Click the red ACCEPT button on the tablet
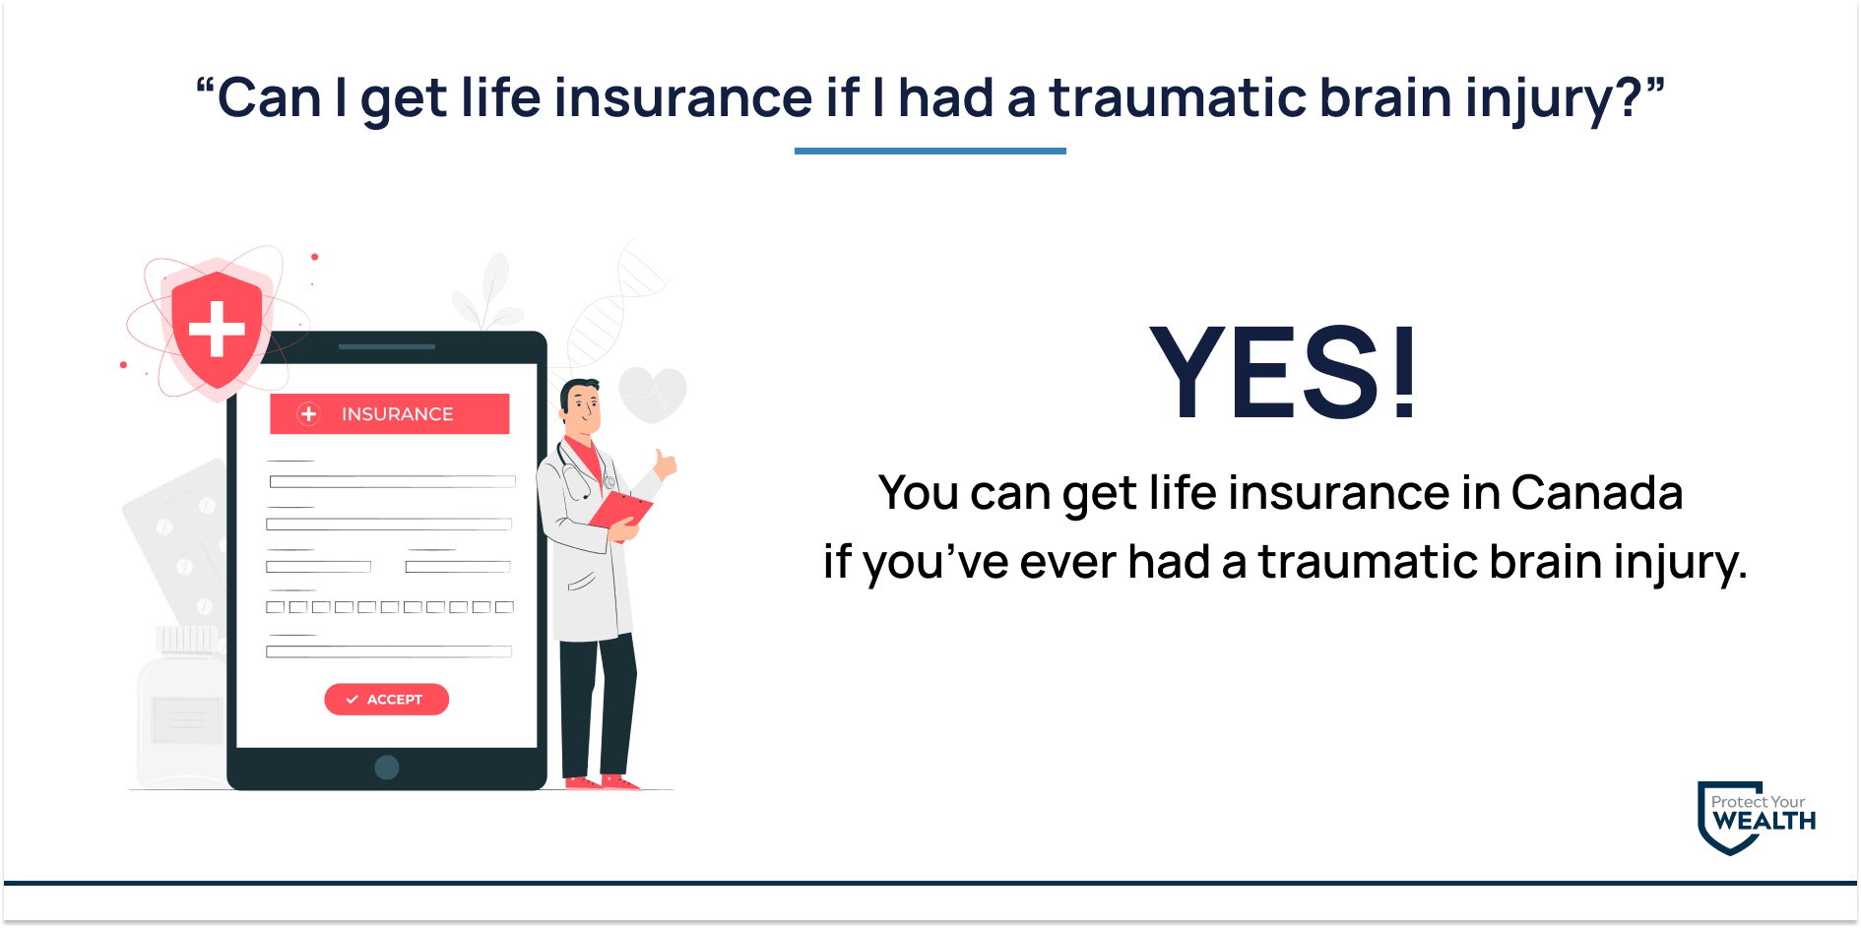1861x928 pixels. pyautogui.click(x=386, y=699)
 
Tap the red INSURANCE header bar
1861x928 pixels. pyautogui.click(x=390, y=413)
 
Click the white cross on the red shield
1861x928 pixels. pyautogui.click(x=217, y=328)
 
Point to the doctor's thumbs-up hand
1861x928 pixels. pyautogui.click(x=666, y=464)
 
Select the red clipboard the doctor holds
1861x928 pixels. pyautogui.click(x=621, y=511)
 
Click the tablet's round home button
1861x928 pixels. pyautogui.click(x=387, y=768)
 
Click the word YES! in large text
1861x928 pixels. pyautogui.click(x=1283, y=372)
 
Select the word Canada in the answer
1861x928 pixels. pyautogui.click(x=1596, y=492)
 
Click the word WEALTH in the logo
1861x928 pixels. pyautogui.click(x=1765, y=821)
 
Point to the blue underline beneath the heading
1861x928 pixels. pyautogui.click(x=930, y=151)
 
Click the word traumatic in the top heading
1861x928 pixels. pyautogui.click(x=1178, y=98)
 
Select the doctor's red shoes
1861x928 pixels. pyautogui.click(x=602, y=783)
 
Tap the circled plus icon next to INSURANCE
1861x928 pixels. pyautogui.click(x=308, y=414)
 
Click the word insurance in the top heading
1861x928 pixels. pyautogui.click(x=683, y=98)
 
